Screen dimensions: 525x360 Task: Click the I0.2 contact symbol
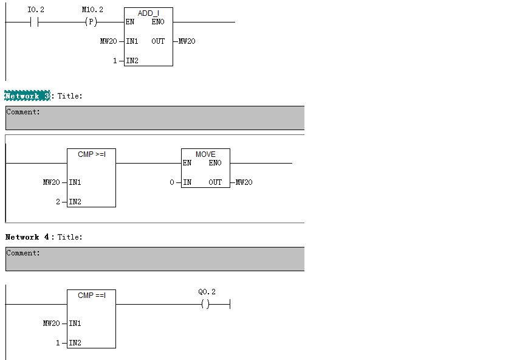tap(34, 22)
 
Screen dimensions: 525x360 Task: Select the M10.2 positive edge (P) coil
tap(91, 22)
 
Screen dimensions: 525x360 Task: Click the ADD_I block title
tap(148, 13)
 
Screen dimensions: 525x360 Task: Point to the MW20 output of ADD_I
tap(187, 41)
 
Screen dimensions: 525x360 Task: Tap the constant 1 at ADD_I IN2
tap(115, 61)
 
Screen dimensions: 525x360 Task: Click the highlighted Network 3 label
tap(27, 96)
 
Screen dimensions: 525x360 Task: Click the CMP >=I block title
tap(92, 154)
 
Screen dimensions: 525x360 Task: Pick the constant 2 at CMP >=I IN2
tap(58, 202)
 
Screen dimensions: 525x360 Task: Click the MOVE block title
tap(205, 154)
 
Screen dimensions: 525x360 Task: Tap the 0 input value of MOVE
tap(172, 182)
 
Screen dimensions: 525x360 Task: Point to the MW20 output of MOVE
tap(244, 182)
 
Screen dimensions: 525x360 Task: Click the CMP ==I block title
tap(92, 296)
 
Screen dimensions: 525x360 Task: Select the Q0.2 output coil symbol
tap(205, 304)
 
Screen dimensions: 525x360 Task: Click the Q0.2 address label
tap(207, 292)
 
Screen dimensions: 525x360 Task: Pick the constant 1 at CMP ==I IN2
tap(58, 343)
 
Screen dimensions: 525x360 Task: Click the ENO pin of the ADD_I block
tap(158, 22)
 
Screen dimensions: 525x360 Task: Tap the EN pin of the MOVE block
tap(187, 163)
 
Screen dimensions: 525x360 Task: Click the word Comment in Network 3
tap(22, 112)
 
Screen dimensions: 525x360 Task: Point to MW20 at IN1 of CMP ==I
tap(51, 324)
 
